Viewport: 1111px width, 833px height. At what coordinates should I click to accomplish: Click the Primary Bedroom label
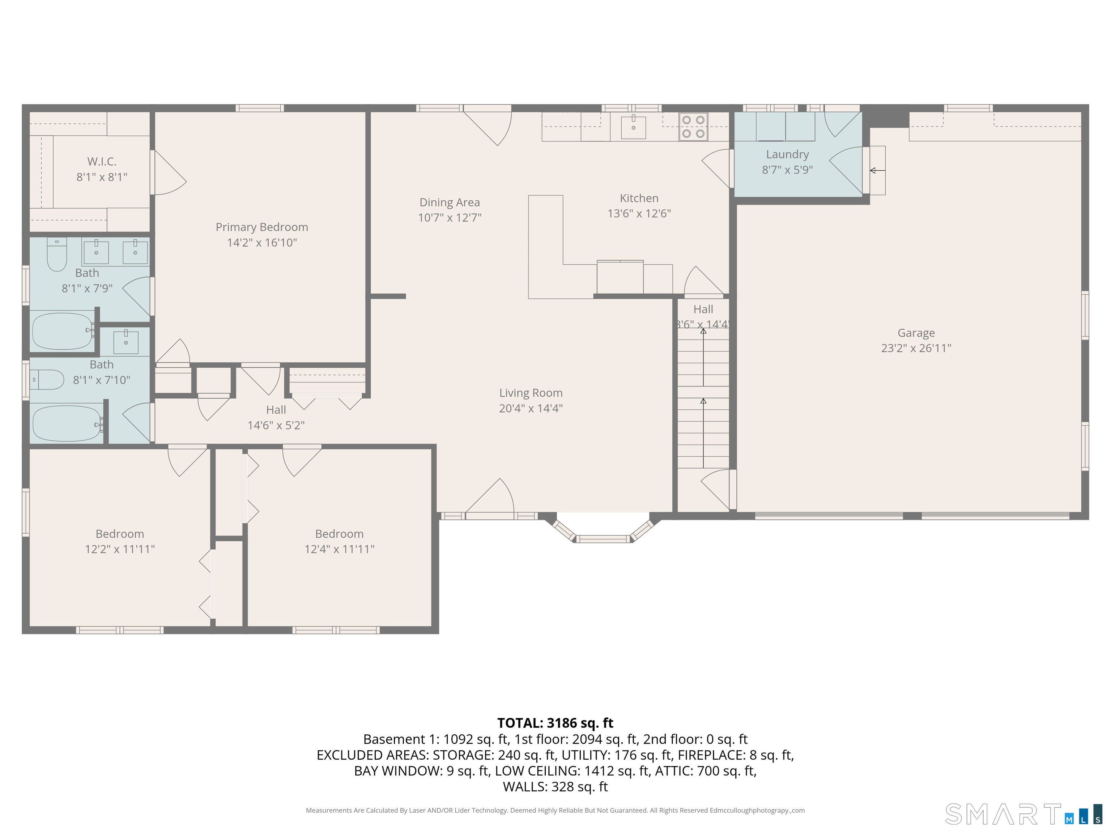[x=262, y=227]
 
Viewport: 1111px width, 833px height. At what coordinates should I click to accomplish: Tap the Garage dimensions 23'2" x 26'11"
[x=916, y=348]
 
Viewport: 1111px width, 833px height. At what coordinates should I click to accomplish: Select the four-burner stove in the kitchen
[x=693, y=127]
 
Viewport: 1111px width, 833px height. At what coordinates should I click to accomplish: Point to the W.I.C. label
[x=102, y=162]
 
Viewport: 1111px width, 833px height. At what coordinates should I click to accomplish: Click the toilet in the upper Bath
[x=57, y=255]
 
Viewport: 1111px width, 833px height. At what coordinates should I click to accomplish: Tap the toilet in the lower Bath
[x=48, y=380]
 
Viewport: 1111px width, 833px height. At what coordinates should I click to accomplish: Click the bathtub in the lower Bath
[x=67, y=423]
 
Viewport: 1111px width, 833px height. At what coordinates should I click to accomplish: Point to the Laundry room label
[x=787, y=155]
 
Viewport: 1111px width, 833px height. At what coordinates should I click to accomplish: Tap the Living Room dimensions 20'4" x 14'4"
[x=531, y=408]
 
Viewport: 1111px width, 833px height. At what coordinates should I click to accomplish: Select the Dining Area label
[x=450, y=202]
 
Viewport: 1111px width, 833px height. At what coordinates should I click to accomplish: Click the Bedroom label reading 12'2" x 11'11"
[x=120, y=541]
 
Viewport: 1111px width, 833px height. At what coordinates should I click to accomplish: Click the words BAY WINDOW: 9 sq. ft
[x=421, y=771]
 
